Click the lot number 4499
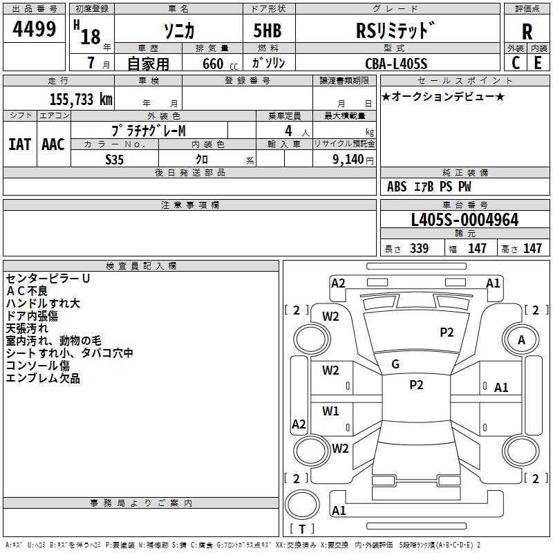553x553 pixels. (34, 29)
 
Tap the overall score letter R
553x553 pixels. (527, 32)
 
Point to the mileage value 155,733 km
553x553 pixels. (81, 100)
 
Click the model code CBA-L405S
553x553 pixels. (396, 64)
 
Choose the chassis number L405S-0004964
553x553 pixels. (465, 220)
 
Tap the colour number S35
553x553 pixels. (115, 160)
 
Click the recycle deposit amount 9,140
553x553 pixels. (348, 160)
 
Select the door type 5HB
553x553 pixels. (268, 30)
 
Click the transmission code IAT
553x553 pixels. (19, 144)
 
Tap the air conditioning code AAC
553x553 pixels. (53, 144)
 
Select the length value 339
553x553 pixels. (420, 249)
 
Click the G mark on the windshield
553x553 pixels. (395, 364)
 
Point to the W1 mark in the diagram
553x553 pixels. (330, 411)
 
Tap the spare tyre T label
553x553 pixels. (302, 529)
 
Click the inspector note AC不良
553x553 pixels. (27, 291)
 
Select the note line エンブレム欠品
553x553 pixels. (43, 378)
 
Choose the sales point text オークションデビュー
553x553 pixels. (443, 97)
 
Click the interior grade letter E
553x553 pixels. (538, 63)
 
